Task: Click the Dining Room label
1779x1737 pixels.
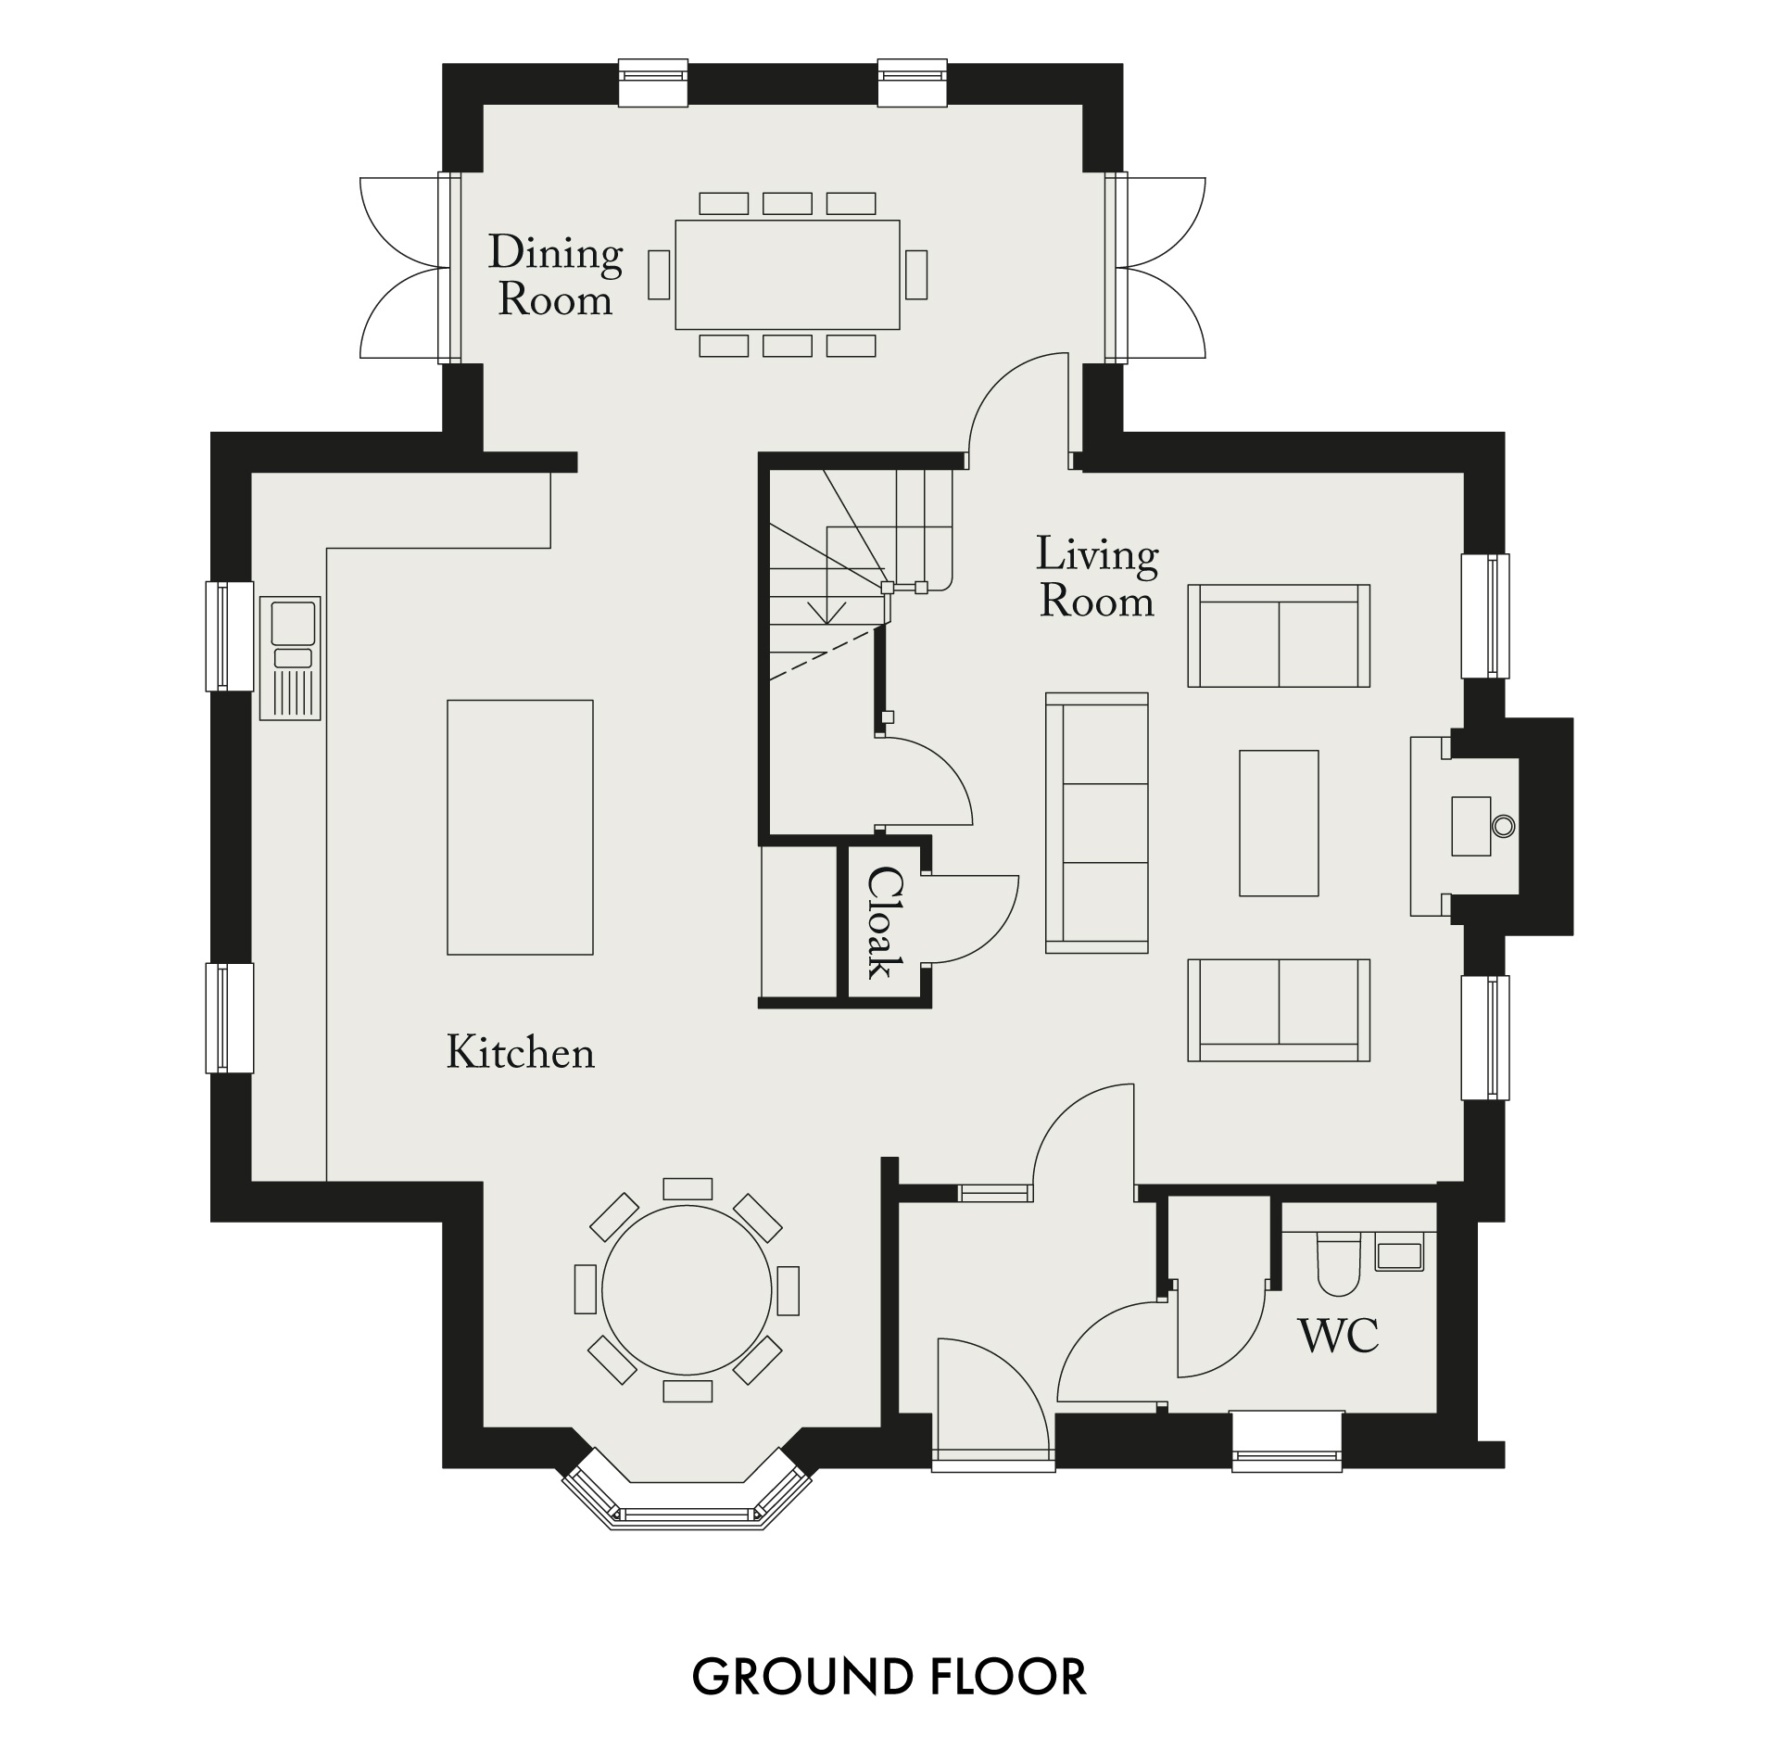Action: click(555, 276)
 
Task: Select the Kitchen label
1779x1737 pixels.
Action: click(521, 1053)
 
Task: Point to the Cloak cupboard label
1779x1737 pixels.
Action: click(885, 922)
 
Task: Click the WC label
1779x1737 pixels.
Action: click(1339, 1336)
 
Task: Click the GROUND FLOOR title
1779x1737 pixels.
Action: click(889, 1677)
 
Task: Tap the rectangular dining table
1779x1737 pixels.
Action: click(788, 274)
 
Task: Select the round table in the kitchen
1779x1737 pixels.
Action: click(687, 1290)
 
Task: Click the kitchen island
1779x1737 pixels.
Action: click(520, 827)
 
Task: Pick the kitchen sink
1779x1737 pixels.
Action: click(291, 658)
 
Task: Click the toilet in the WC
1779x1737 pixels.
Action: click(1337, 1265)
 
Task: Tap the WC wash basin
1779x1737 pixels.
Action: click(1399, 1254)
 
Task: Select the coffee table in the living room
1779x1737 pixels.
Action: click(1279, 823)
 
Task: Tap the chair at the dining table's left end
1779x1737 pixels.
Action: click(659, 274)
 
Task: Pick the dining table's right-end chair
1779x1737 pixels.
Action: click(916, 274)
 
